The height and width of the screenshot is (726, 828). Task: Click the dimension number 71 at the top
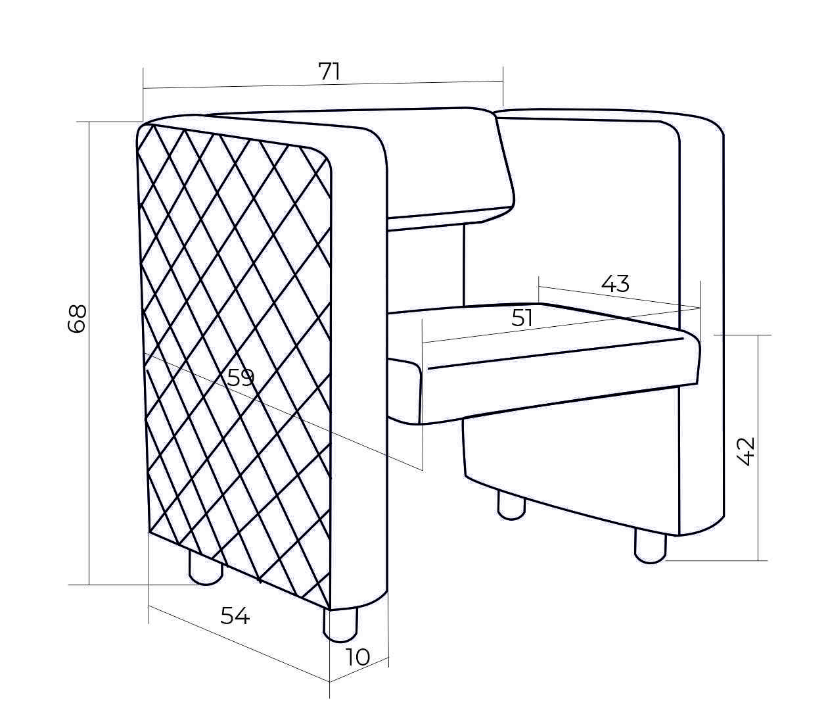329,72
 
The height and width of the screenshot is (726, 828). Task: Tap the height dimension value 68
77,318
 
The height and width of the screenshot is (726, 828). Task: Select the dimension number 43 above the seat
615,283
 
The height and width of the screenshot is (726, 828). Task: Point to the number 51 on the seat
522,318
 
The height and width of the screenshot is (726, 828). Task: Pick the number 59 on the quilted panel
241,377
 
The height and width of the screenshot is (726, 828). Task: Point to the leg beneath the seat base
511,506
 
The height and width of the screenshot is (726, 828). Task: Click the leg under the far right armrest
650,546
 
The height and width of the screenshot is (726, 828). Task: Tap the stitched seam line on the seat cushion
555,354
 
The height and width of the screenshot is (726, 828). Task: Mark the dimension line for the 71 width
323,85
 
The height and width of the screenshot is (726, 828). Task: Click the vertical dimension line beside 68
89,353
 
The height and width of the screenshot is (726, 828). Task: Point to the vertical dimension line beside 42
758,447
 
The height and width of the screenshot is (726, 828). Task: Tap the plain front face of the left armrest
359,368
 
